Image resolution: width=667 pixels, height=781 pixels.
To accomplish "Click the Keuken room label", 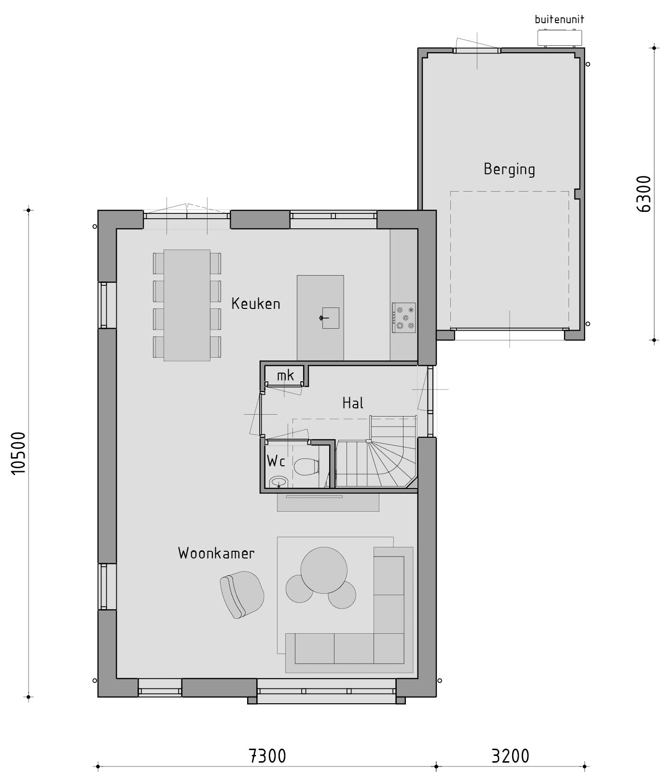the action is pos(256,304).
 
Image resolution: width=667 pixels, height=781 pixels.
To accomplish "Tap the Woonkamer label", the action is pos(216,553).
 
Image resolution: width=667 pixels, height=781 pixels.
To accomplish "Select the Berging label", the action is pos(510,169).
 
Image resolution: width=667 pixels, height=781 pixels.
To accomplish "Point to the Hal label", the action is pos(353,403).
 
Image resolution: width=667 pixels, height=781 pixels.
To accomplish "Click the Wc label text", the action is pos(276,461).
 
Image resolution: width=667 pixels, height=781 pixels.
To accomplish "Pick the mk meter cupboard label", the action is pos(286,375).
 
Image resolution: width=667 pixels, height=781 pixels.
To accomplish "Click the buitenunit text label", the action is pos(559,20).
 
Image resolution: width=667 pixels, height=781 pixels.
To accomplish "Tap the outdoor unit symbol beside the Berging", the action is pos(560,38).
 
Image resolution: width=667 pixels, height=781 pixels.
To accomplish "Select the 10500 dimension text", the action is pos(18,453).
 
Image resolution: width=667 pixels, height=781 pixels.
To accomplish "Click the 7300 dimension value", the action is pos(267,756).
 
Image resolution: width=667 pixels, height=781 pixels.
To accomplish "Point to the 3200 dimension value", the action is pos(511,756).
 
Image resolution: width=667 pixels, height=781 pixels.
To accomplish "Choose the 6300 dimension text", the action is pos(644,194).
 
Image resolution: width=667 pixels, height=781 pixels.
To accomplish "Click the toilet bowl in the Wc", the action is pos(306,467).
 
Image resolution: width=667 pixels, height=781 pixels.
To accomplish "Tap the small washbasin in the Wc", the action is pos(278,481).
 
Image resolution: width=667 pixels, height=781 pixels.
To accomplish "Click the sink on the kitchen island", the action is pos(331,318).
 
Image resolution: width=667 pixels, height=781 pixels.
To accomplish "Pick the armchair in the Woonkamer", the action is pos(242,595).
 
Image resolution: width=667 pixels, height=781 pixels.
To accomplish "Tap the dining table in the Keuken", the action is pos(187,305).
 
